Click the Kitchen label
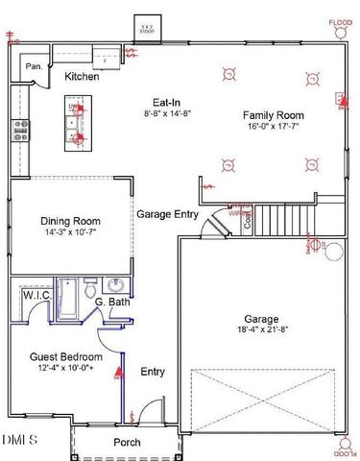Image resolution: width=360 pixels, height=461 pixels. pos(83,77)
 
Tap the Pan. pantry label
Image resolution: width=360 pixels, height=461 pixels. pos(33,66)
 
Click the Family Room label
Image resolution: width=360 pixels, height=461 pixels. pos(275,112)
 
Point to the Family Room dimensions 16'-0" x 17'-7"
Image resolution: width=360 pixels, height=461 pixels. pos(275,125)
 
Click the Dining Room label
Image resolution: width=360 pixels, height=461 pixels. pos(70,220)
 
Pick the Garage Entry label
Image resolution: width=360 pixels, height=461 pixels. pos(167,214)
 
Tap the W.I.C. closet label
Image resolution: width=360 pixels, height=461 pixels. pos(36,297)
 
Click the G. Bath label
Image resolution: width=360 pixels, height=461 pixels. pos(113,303)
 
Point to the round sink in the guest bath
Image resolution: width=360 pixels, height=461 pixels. pos(115,285)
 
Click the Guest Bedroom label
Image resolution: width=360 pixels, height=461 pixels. pos(60,356)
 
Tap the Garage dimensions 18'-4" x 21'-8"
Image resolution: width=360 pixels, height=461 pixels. pos(261,331)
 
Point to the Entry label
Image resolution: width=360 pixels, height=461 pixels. pos(153,372)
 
